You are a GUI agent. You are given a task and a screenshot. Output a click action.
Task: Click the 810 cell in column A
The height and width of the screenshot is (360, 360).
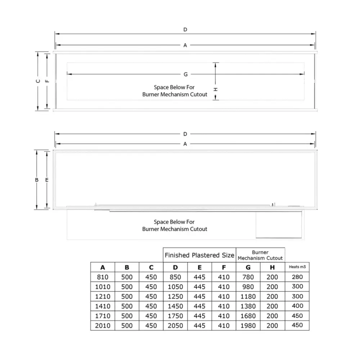(103, 277)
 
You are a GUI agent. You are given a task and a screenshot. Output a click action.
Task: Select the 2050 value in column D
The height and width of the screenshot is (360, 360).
(175, 325)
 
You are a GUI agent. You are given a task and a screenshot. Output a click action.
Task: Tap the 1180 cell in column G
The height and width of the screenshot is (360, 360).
(248, 297)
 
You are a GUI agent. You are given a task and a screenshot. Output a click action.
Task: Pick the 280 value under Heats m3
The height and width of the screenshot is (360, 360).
(297, 277)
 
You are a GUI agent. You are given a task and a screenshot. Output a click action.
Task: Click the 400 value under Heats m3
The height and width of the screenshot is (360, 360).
(297, 306)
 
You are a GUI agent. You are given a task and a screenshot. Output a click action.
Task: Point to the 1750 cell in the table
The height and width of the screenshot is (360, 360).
(175, 316)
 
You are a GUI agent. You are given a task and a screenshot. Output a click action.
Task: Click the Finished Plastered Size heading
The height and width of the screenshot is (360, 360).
(199, 255)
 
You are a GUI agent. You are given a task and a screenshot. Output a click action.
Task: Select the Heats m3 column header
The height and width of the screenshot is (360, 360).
(297, 267)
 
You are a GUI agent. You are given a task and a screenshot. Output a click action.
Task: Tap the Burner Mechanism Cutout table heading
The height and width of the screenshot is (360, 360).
(260, 255)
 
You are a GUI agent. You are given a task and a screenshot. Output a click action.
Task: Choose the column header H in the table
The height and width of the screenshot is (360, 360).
(272, 267)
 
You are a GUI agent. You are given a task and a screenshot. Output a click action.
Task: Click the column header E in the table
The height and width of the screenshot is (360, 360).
(199, 267)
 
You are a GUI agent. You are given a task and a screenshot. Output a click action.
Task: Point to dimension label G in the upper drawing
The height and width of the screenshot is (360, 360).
(185, 74)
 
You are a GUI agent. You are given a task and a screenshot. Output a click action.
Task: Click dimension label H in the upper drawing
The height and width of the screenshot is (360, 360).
(216, 89)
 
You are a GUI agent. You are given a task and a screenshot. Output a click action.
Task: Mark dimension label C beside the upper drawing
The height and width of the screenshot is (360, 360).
(38, 81)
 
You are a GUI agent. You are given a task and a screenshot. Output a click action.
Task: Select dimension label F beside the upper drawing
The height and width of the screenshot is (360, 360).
(47, 81)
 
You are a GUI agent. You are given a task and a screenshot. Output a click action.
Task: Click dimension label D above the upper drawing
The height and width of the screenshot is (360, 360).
(185, 30)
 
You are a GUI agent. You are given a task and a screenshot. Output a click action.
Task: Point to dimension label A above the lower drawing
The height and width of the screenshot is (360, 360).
(185, 144)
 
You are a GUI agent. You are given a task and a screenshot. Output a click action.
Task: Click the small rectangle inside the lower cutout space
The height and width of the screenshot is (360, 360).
(278, 225)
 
